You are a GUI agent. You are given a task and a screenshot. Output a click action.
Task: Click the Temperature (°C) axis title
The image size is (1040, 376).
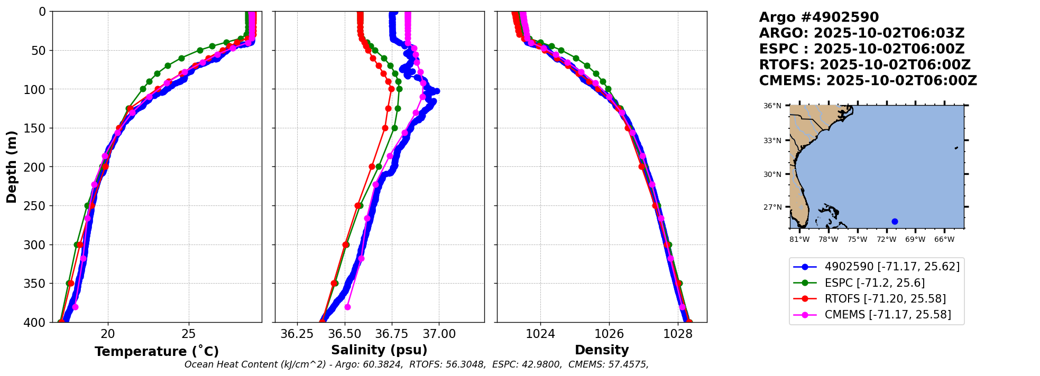[157, 351]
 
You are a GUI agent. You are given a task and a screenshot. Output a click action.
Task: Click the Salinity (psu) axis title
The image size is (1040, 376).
[379, 350]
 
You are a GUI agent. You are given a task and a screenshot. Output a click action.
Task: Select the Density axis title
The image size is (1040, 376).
[602, 350]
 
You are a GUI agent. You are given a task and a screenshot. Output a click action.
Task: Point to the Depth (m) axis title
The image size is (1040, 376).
[11, 167]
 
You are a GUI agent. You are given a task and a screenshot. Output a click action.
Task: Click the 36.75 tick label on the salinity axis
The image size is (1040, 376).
[392, 334]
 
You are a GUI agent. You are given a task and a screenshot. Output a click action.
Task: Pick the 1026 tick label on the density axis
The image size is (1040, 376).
[609, 334]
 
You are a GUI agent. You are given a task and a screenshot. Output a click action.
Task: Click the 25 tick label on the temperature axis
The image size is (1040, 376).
[189, 334]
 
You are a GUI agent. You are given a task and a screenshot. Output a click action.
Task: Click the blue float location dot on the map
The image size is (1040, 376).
[895, 221]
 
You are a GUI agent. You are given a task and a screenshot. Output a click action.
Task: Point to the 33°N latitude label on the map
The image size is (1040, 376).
[772, 140]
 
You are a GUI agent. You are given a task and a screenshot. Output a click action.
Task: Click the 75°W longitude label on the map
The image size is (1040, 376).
[857, 239]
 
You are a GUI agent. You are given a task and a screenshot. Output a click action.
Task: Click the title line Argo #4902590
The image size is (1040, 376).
[818, 17]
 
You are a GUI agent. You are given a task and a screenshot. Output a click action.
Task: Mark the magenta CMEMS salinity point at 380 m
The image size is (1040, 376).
[347, 307]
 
